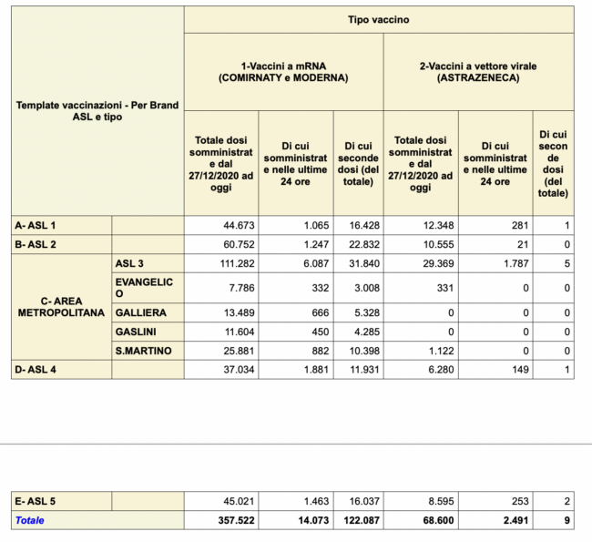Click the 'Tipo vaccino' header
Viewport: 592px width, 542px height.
(x=378, y=20)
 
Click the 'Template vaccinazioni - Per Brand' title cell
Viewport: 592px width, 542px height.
(x=97, y=110)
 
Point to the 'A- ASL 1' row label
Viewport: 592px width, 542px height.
(x=36, y=226)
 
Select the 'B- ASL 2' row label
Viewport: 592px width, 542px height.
(x=36, y=244)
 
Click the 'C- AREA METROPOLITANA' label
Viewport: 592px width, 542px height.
(x=61, y=307)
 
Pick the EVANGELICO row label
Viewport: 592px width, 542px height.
(x=144, y=288)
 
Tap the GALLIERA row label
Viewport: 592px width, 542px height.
(x=141, y=312)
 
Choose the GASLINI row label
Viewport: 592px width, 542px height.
(x=136, y=332)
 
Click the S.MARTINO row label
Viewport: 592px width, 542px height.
(x=144, y=351)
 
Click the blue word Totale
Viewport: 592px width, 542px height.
(x=29, y=520)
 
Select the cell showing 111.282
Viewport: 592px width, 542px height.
(x=237, y=263)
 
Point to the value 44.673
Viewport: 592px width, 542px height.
(x=239, y=226)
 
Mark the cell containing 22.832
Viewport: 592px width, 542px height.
(x=364, y=244)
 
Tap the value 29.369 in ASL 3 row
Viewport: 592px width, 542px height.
(x=438, y=263)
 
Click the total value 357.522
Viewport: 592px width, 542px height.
(x=236, y=520)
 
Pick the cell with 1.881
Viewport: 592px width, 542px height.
(x=316, y=370)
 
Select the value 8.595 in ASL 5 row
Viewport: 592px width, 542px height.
(x=441, y=501)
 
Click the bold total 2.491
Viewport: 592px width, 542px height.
(x=515, y=520)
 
